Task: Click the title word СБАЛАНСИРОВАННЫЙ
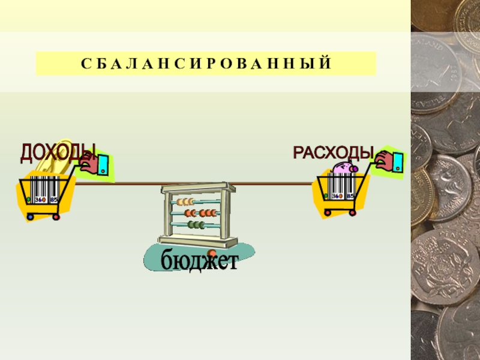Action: [205, 64]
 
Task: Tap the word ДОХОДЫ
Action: [58, 152]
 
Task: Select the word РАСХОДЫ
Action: [332, 152]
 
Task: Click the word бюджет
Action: [199, 262]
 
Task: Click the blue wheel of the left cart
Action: [31, 216]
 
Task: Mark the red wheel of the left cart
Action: [56, 216]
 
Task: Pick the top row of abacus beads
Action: [187, 202]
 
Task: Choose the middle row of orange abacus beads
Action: [202, 213]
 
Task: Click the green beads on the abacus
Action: [196, 225]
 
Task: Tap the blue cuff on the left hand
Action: [103, 164]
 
